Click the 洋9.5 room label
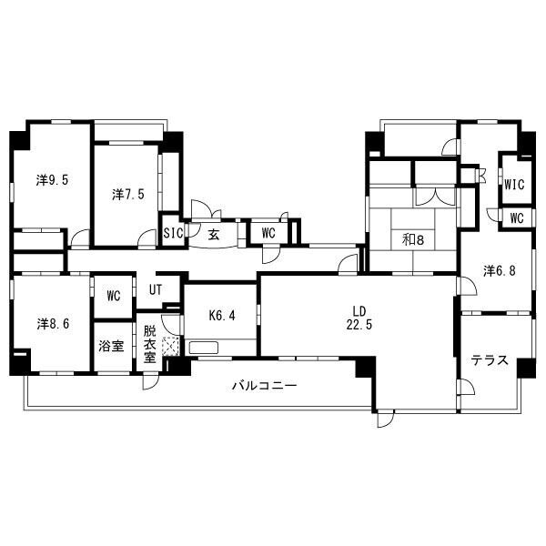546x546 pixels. point(52,180)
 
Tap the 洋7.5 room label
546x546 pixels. point(128,195)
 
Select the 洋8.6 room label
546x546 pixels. point(53,324)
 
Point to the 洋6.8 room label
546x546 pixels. point(500,271)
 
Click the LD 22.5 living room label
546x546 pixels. point(359,318)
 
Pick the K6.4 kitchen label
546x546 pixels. point(222,315)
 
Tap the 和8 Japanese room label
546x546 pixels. point(413,239)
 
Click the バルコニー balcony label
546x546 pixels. point(265,386)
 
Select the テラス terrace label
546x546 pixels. point(490,360)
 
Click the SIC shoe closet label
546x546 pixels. point(173,233)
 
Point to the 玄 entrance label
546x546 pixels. point(214,235)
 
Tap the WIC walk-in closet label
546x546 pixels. point(515,184)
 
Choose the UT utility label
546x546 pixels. point(156,289)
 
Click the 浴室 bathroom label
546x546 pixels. point(111,346)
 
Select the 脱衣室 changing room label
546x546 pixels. point(150,344)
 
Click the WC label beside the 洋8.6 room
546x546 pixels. point(114,296)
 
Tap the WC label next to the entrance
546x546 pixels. point(268,233)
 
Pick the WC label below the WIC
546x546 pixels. point(517,218)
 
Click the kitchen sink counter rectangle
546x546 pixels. point(204,348)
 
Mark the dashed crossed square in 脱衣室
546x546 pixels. point(171,346)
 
